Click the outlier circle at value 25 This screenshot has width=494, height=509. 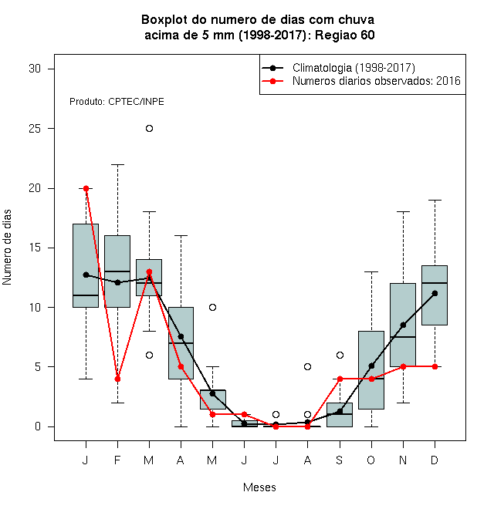[149, 129]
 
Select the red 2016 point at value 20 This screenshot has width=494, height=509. [86, 188]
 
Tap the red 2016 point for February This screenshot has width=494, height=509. [117, 379]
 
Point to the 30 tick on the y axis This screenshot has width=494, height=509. [51, 69]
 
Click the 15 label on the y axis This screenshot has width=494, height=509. [35, 248]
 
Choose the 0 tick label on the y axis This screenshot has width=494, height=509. [38, 426]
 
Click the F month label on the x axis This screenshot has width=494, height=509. [117, 460]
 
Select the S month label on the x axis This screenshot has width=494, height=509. [340, 460]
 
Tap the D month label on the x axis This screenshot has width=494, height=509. [435, 460]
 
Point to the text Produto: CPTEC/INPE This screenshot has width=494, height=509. [117, 102]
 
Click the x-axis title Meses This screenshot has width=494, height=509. [259, 487]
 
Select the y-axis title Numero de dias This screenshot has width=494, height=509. [7, 248]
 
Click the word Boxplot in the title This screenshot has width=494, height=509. [164, 20]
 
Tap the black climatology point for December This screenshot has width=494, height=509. [435, 294]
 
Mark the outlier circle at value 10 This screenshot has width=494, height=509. [212, 307]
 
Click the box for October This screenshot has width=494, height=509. [371, 370]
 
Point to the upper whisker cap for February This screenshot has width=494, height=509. [117, 164]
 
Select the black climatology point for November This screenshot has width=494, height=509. [403, 325]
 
